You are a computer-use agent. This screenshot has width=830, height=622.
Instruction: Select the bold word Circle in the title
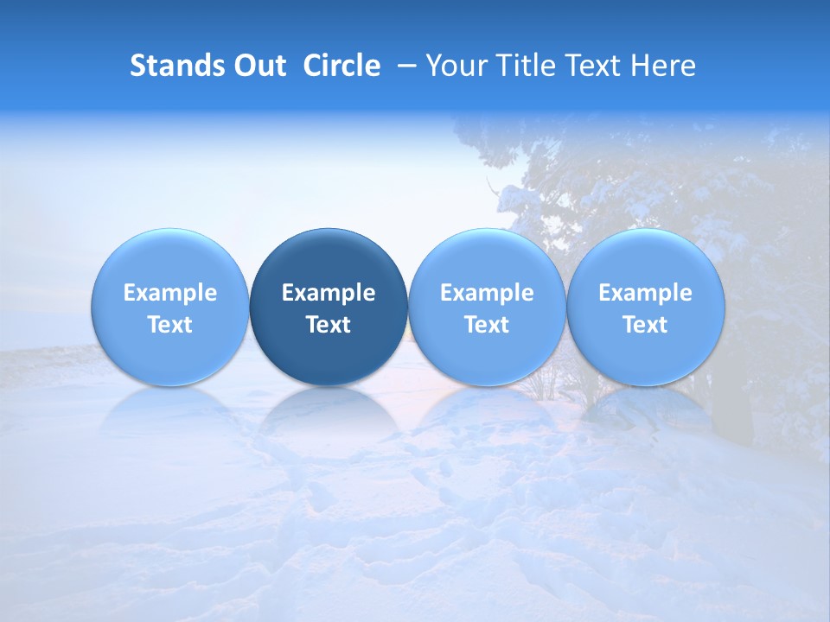coord(342,66)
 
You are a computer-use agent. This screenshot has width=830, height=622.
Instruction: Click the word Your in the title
coord(454,66)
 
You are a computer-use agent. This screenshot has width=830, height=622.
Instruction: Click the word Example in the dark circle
coord(329,293)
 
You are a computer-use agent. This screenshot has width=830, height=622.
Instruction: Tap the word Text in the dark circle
coord(329,325)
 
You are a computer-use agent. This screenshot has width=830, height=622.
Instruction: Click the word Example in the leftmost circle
coord(169,293)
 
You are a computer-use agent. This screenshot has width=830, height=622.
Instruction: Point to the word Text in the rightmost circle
coord(645,325)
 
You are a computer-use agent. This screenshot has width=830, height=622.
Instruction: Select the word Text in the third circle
coord(487,325)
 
